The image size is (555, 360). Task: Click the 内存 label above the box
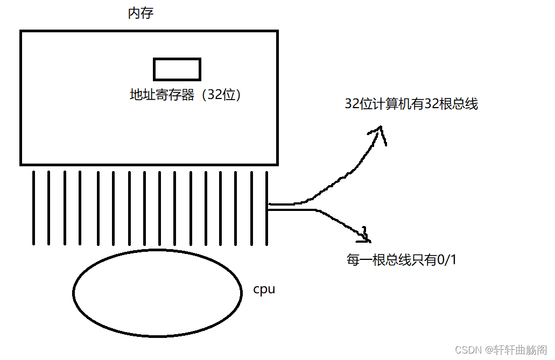coord(140,13)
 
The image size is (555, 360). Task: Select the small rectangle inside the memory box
coord(177,69)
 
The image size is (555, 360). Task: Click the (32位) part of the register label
coord(220,95)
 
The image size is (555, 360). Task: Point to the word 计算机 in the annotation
coord(392,104)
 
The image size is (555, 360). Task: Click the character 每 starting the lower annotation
coord(353,260)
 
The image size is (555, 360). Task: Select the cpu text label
coord(264,289)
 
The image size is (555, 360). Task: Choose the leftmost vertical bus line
coord(33,207)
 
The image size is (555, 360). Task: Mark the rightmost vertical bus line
coord(267,207)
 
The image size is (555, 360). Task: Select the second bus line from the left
coord(49,207)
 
